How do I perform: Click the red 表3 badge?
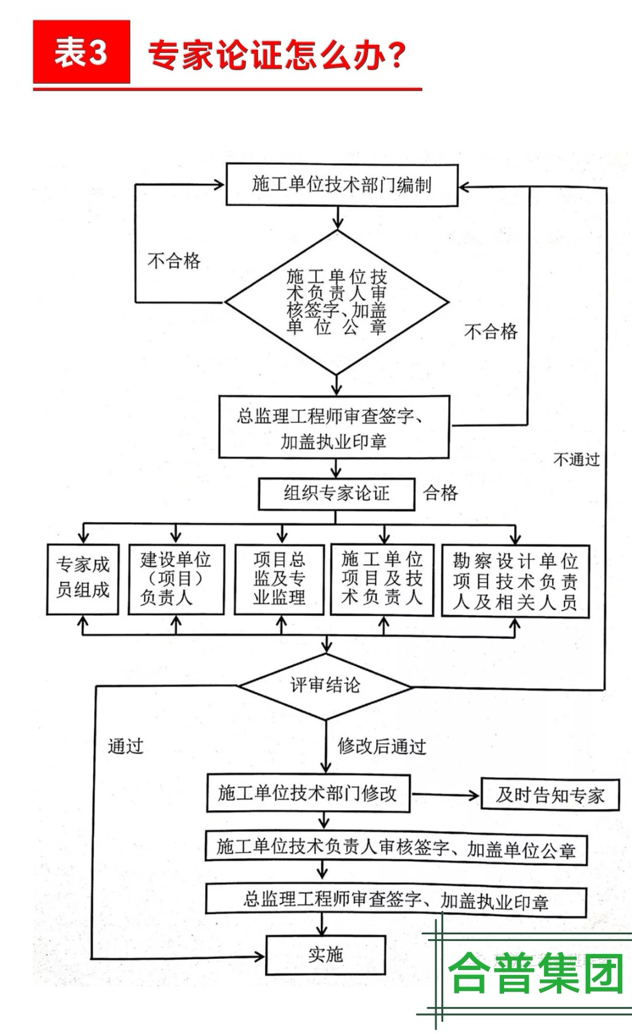point(81,52)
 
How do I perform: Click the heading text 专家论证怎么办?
point(277,55)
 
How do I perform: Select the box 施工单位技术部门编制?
point(342,185)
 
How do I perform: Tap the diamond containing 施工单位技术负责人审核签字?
point(337,302)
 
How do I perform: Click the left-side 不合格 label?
point(174,261)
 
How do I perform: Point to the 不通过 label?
point(576,459)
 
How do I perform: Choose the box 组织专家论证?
point(336,493)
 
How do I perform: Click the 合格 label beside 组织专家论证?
point(441,493)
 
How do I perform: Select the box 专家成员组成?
point(82,578)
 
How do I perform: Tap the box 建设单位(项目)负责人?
point(176,578)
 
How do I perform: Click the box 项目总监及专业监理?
point(279,578)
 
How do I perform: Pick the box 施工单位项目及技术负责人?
point(382,578)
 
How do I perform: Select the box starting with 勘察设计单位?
point(515,581)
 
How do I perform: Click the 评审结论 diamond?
point(325,685)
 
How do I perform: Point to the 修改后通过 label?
point(382,747)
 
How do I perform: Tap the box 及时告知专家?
point(550,795)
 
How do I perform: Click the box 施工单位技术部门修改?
point(307,793)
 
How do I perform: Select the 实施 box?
point(325,955)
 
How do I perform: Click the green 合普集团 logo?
point(535,974)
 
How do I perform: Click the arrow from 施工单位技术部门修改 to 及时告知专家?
point(446,795)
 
